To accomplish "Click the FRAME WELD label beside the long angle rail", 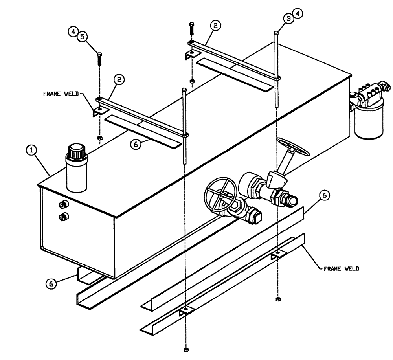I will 341,270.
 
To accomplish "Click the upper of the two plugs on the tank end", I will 62,204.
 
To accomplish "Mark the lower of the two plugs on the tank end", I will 63,216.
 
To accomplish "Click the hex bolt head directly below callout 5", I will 99,54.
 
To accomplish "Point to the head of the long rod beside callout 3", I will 277,33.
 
